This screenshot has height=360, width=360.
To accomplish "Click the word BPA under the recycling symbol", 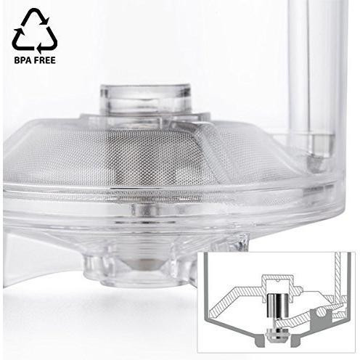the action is [x=21, y=60].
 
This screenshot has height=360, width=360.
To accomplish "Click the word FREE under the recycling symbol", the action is [x=44, y=60].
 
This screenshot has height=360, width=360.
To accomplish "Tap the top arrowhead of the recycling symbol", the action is [x=45, y=20].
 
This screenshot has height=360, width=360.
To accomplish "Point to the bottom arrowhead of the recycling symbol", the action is [x=40, y=48].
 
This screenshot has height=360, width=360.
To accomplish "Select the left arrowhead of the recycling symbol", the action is [x=19, y=32].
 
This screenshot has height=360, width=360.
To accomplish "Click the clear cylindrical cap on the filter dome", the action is [x=146, y=99].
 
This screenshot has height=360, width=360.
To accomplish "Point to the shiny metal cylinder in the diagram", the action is [x=277, y=306].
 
